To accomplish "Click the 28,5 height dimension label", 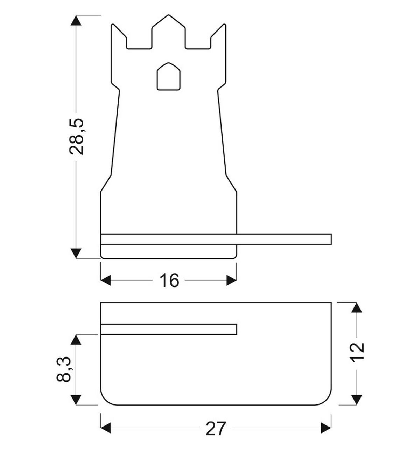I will pos(77,137).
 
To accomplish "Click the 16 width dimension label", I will pos(169,281).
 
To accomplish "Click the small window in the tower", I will pos(169,77).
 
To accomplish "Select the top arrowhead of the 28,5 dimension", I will pos(76,20).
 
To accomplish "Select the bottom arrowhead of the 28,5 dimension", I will pos(76,253).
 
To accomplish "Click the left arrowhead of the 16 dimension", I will pos(106,280).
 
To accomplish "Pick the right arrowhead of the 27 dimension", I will pos(326,428).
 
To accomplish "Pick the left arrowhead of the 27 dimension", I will pos(106,428).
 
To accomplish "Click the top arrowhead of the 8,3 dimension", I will pos(76,340).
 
